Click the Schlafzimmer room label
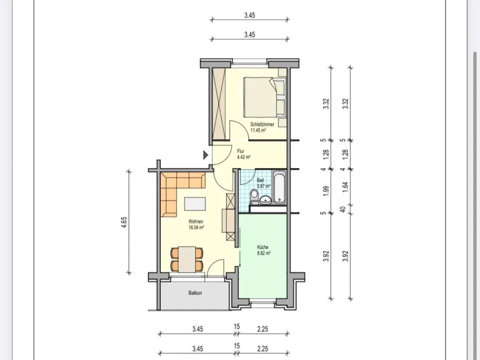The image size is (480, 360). [262, 124]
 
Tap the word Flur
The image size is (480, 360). [240, 151]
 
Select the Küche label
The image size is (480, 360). [263, 247]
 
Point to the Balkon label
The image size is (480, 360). [195, 293]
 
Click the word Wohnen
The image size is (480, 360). [196, 222]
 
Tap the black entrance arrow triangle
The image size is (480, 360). [206, 155]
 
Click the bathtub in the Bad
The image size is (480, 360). [279, 187]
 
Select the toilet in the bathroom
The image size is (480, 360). [254, 196]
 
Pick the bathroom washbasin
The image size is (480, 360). [265, 200]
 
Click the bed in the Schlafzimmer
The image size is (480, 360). [265, 97]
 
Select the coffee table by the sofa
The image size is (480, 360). [195, 204]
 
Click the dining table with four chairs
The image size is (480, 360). [187, 259]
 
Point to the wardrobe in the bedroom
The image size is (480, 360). [219, 104]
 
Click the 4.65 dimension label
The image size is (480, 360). [124, 223]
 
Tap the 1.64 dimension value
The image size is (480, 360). [345, 187]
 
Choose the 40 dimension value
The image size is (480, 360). [343, 210]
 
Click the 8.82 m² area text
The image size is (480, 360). [264, 253]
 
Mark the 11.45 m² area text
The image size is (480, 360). [258, 130]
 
